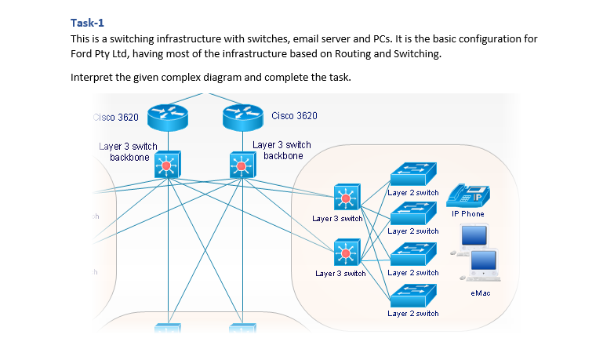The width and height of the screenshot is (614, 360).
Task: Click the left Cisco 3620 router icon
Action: pyautogui.click(x=167, y=118)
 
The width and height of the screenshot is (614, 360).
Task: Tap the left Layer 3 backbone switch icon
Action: pyautogui.click(x=167, y=165)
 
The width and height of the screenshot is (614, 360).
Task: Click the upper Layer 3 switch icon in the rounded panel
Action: pyautogui.click(x=345, y=197)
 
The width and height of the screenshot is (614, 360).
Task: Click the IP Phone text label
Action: pyautogui.click(x=467, y=214)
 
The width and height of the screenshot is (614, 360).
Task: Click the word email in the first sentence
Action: pyautogui.click(x=342, y=38)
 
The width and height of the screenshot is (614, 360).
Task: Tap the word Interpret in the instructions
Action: pyautogui.click(x=91, y=78)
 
